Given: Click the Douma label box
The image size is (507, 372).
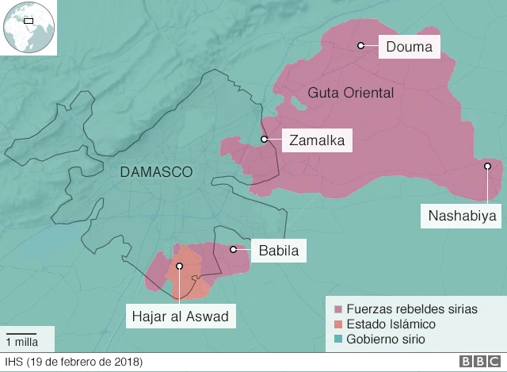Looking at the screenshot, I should [x=409, y=48].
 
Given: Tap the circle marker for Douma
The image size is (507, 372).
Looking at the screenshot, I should [x=360, y=46].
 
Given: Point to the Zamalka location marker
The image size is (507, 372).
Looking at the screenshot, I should [x=264, y=140].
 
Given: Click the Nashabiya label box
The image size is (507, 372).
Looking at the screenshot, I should [x=462, y=215].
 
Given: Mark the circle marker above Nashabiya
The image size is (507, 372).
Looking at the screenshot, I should [x=488, y=166].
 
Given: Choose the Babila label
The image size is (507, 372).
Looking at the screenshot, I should [x=278, y=251].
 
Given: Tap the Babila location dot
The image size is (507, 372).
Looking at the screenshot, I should [x=234, y=250].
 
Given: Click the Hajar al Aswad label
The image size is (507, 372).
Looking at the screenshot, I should [x=180, y=317].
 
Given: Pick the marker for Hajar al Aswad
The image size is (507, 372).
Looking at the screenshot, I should [x=180, y=267].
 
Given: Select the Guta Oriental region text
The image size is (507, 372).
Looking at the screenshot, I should [x=351, y=93].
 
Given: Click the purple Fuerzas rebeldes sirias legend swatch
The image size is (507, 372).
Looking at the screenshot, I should [x=338, y=309].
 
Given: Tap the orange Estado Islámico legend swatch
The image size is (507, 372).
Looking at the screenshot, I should [x=338, y=324].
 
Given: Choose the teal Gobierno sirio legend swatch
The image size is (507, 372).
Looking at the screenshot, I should [x=338, y=339].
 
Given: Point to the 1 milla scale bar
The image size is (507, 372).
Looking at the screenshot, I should [x=22, y=333].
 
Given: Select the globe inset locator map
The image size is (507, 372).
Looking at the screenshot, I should [x=27, y=28].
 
